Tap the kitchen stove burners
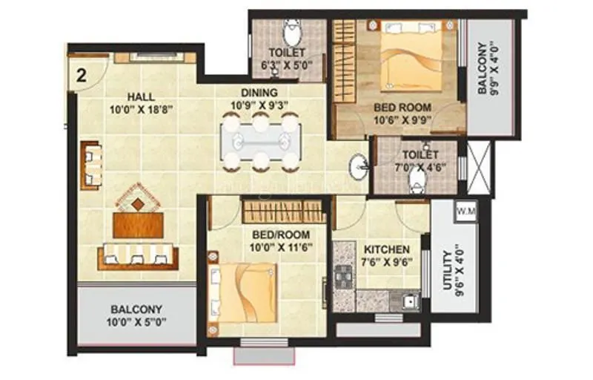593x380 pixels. (x=343, y=277)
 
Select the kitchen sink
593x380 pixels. (x=407, y=301)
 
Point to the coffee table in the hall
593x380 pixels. (x=138, y=223)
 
